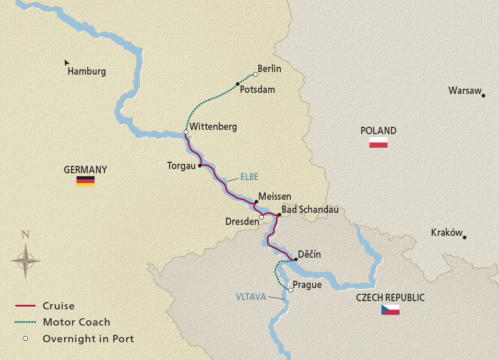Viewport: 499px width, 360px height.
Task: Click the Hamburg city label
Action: pyautogui.click(x=87, y=72)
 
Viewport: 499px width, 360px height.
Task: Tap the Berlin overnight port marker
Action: pyautogui.click(x=255, y=74)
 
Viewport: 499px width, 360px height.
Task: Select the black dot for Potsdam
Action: pyautogui.click(x=237, y=84)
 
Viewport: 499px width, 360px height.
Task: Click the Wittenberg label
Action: pyautogui.click(x=213, y=127)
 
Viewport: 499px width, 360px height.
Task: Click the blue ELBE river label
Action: pyautogui.click(x=249, y=177)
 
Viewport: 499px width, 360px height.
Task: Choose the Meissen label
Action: pyautogui.click(x=275, y=196)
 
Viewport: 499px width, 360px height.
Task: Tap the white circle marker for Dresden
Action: pyautogui.click(x=262, y=218)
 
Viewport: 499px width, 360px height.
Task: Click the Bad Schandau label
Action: pyautogui.click(x=310, y=210)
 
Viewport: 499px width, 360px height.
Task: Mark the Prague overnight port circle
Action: pyautogui.click(x=291, y=290)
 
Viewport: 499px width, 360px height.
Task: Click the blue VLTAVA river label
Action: pyautogui.click(x=251, y=297)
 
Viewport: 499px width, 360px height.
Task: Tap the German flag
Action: pyautogui.click(x=86, y=181)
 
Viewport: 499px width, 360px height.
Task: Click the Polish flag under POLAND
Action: pyautogui.click(x=378, y=142)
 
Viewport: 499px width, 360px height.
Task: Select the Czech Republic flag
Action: pyautogui.click(x=390, y=309)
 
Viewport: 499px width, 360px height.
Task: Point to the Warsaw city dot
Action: pyautogui.click(x=483, y=95)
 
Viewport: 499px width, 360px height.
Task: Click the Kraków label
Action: pyautogui.click(x=447, y=233)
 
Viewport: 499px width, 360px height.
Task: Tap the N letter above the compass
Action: pyautogui.click(x=25, y=234)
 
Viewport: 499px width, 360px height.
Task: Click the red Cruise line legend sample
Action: pyautogui.click(x=25, y=306)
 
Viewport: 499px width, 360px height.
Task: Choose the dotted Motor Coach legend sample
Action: pyautogui.click(x=25, y=322)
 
